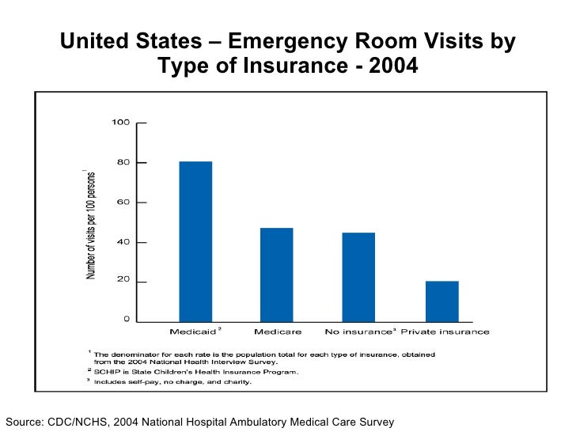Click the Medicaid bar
click(x=195, y=241)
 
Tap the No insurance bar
click(x=358, y=276)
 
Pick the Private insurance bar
click(x=441, y=301)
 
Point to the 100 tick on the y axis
click(x=120, y=123)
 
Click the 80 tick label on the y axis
click(x=123, y=162)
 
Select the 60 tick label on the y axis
click(x=123, y=203)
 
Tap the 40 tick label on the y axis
click(x=123, y=242)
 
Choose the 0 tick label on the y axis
click(x=126, y=320)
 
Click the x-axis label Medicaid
click(x=192, y=332)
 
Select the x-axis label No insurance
click(x=358, y=332)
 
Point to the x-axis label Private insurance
click(x=445, y=332)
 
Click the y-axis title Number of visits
click(x=91, y=224)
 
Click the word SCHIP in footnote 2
click(x=107, y=371)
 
